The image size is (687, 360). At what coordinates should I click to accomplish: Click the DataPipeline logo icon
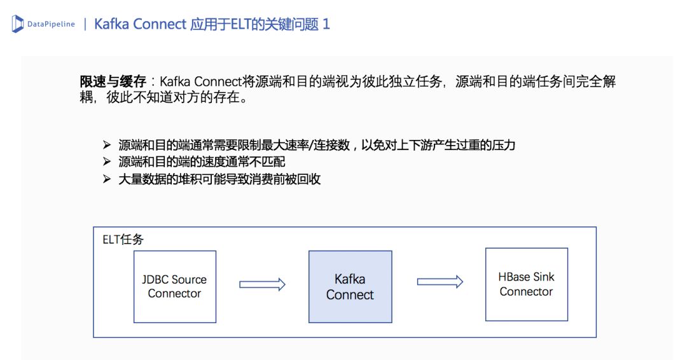tap(18, 24)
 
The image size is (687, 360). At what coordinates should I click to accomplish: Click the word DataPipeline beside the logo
tap(51, 24)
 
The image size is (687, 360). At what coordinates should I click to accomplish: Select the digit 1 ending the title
tap(326, 24)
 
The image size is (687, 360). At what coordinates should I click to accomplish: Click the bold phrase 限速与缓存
tap(113, 81)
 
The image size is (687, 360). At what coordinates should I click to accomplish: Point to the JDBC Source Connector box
tap(174, 286)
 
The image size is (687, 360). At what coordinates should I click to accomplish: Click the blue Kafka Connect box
tap(350, 286)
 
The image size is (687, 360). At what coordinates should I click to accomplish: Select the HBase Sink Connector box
tap(526, 284)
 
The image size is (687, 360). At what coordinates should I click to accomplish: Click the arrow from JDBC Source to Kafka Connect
tap(262, 284)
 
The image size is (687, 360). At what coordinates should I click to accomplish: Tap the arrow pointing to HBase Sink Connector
tap(440, 281)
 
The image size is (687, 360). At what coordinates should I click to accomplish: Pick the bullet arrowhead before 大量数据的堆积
tap(106, 179)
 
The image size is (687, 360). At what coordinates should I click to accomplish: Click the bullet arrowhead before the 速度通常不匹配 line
tap(106, 162)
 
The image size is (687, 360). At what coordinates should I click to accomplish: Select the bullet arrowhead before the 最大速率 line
tap(106, 144)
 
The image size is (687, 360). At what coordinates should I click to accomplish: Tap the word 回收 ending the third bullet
tap(309, 179)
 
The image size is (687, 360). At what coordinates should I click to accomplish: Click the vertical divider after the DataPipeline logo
tap(85, 24)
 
